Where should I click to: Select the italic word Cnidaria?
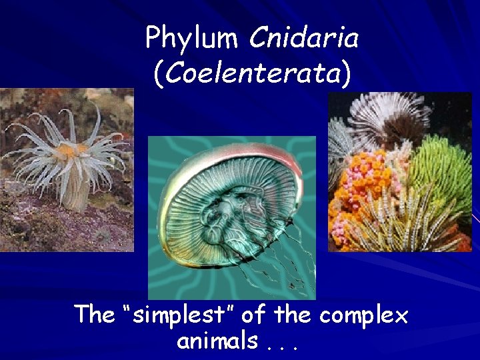pos(304,37)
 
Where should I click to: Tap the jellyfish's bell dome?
pos(220,187)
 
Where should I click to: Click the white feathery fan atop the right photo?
pos(387,113)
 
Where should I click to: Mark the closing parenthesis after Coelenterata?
pos(345,73)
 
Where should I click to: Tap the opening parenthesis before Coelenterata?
pos(157,73)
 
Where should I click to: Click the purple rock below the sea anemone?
pos(60,227)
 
